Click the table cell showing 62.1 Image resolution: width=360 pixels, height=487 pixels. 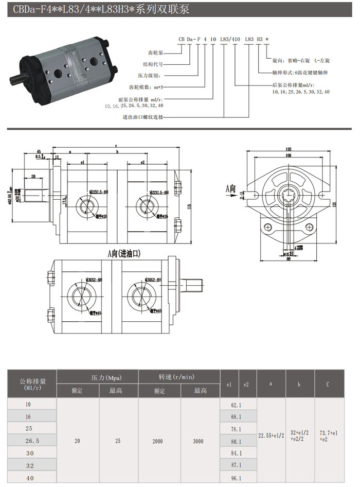(237, 405)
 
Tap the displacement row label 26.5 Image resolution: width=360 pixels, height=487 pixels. (32, 441)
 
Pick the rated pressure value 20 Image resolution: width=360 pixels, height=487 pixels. (78, 441)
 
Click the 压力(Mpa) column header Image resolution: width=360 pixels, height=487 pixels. (98, 377)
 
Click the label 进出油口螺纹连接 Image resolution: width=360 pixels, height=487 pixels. (143, 117)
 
